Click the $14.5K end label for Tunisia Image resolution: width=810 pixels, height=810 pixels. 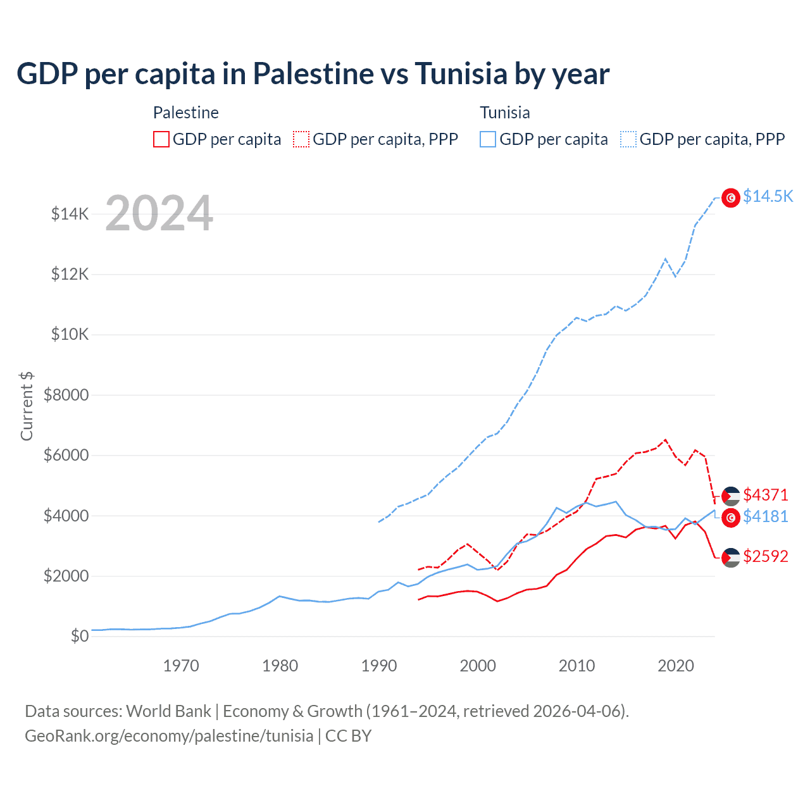768,196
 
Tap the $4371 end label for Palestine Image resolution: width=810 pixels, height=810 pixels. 766,495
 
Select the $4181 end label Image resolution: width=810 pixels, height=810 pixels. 766,517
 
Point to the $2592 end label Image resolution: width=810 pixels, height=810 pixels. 766,557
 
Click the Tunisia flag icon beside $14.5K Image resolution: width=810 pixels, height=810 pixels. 731,198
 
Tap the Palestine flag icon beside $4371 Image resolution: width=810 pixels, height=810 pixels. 731,496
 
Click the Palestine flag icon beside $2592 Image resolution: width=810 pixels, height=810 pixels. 731,558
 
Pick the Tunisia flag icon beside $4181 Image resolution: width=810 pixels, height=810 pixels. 731,518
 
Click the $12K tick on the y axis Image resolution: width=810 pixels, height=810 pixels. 70,275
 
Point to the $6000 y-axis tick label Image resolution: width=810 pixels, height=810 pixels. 66,456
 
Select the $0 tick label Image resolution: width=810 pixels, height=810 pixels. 79,636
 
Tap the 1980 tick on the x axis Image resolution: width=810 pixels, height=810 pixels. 280,666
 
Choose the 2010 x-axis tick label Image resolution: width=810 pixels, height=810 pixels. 576,666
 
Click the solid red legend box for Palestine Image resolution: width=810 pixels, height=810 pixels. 161,139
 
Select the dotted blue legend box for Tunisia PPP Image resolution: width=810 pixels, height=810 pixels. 628,139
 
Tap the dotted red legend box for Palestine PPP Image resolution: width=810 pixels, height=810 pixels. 301,139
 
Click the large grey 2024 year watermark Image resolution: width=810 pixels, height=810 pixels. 159,213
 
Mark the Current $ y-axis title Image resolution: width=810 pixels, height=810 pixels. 27,406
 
